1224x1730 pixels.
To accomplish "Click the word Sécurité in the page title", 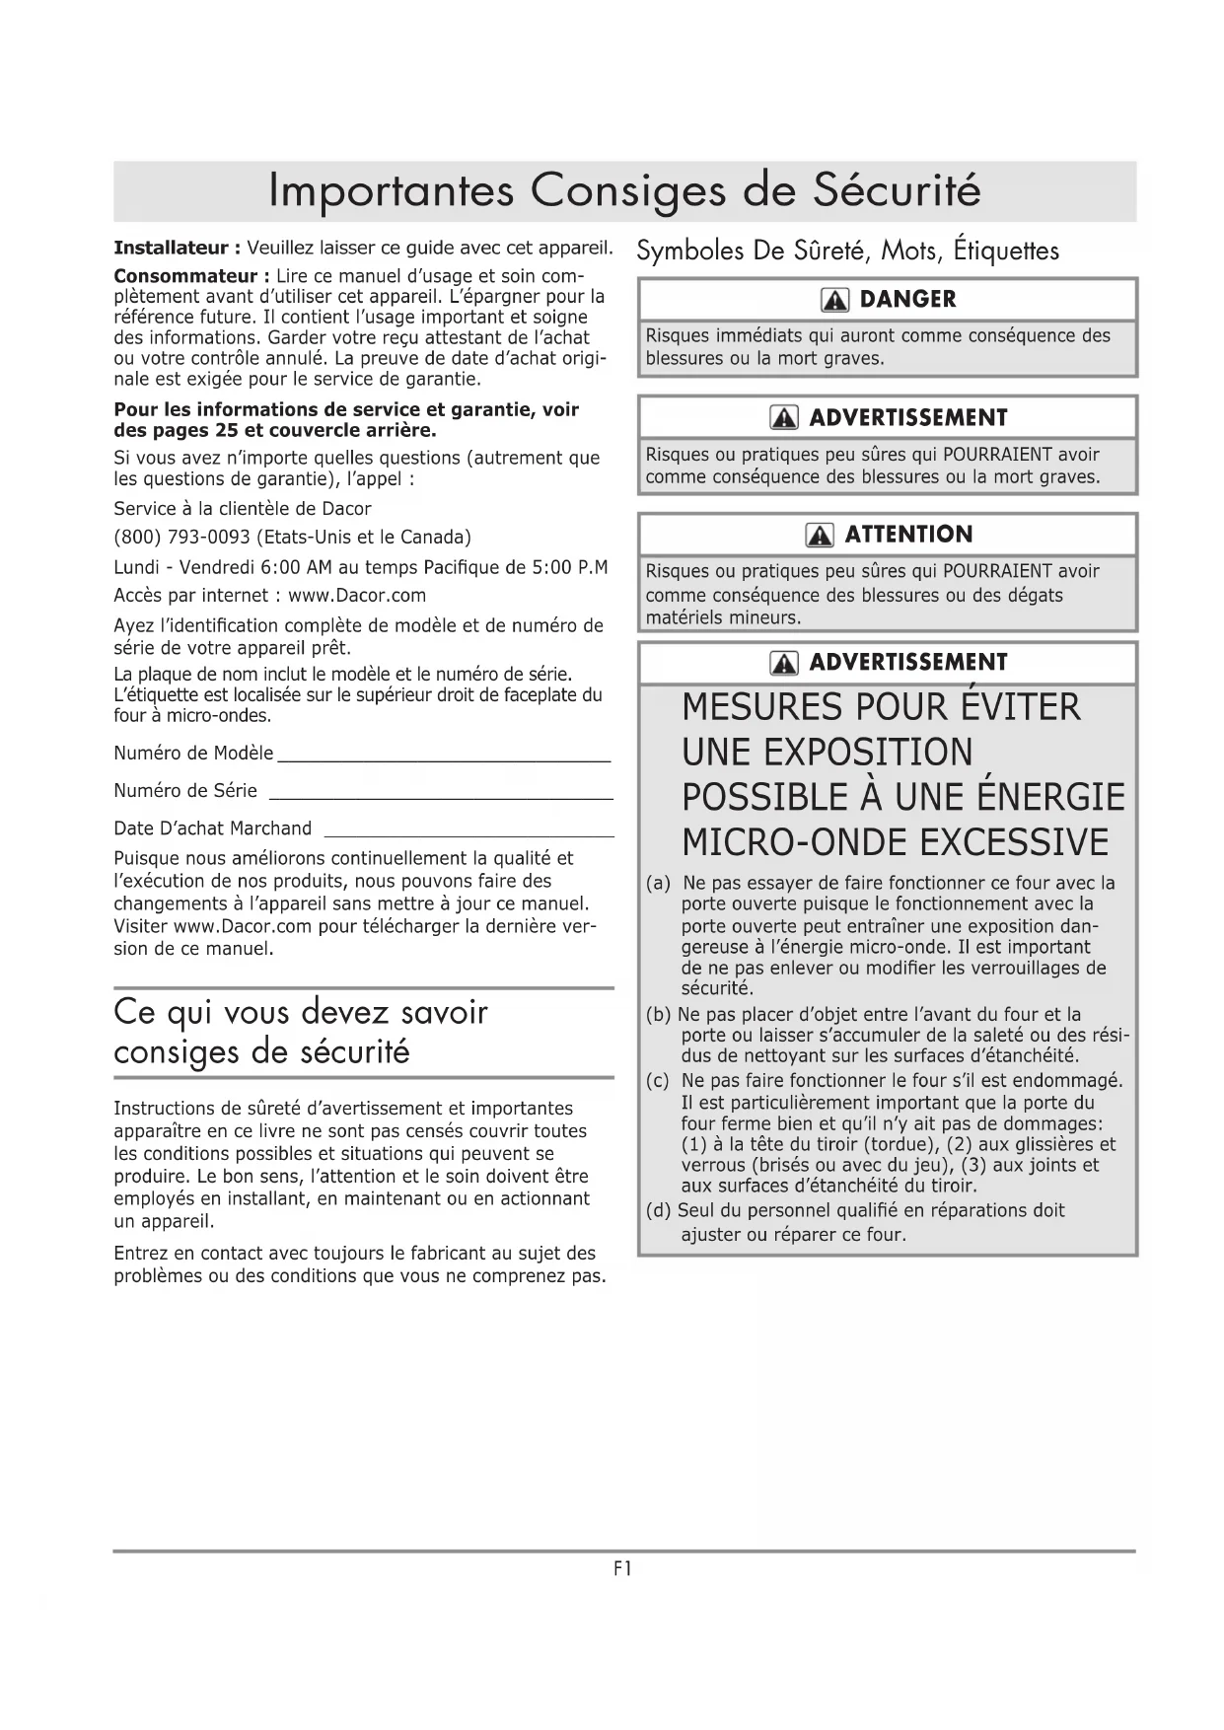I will click(x=897, y=190).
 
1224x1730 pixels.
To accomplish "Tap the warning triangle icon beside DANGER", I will click(x=834, y=300).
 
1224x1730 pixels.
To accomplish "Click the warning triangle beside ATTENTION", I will click(x=820, y=536).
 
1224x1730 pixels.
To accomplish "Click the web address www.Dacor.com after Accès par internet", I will click(x=357, y=595).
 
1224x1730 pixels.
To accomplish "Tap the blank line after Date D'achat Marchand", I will click(x=468, y=833).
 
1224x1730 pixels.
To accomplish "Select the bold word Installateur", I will click(x=171, y=247).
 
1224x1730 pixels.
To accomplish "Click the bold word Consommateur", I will click(x=185, y=275).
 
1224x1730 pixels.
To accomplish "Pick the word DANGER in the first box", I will click(x=907, y=300).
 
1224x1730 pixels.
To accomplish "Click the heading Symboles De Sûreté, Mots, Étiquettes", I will click(x=847, y=251).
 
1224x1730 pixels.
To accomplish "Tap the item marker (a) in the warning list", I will click(x=658, y=883).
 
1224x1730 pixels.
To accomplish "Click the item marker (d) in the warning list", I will click(x=658, y=1210).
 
